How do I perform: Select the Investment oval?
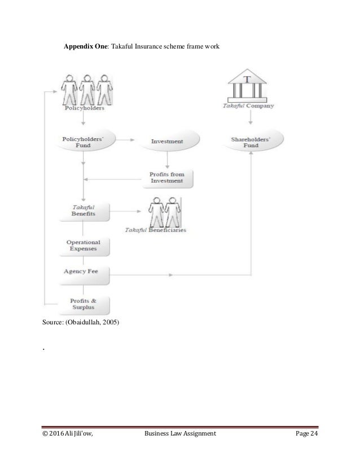166,141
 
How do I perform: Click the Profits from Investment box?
166,178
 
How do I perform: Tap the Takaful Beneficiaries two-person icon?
166,212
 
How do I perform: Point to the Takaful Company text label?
248,105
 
